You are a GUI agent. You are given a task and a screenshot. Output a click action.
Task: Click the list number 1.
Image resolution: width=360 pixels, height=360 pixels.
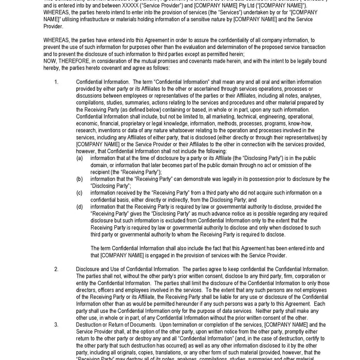click(x=56, y=82)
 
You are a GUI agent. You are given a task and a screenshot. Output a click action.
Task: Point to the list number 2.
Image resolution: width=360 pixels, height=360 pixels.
click(x=56, y=269)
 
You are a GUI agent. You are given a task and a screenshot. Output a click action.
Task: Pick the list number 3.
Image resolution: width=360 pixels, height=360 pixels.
click(x=56, y=325)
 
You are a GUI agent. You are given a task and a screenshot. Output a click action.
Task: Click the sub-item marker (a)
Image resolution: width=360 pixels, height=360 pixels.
click(x=80, y=158)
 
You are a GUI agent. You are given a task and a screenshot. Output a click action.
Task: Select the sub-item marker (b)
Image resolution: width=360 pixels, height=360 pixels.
click(x=80, y=179)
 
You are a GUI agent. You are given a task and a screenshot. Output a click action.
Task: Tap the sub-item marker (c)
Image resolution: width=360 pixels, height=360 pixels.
click(x=80, y=193)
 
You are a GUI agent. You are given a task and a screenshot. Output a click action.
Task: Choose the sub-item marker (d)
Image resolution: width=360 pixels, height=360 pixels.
click(x=80, y=207)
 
